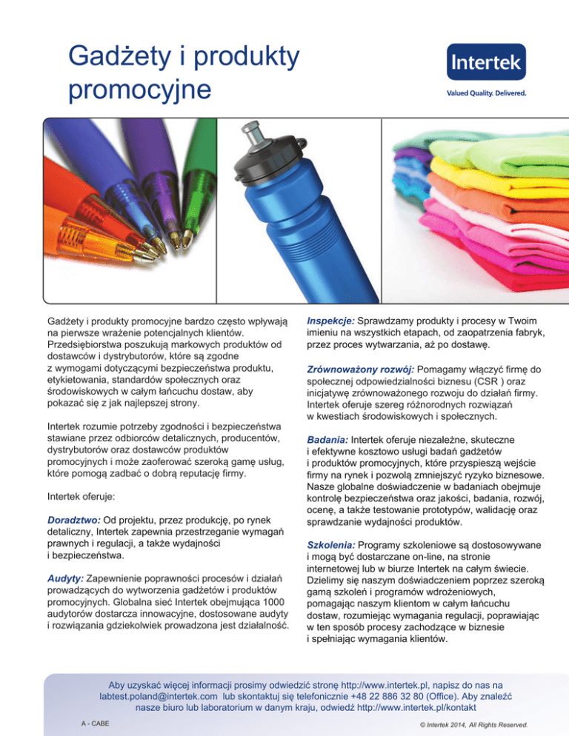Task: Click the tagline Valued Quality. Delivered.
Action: [486, 94]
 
